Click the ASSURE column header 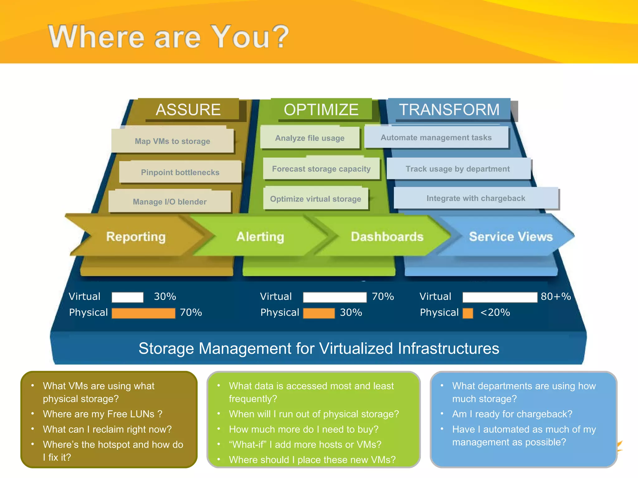[188, 110]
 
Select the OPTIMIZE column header [321, 110]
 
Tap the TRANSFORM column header [449, 110]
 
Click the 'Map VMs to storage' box [172, 141]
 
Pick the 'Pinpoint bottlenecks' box [180, 172]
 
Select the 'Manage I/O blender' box [169, 202]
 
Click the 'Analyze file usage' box [310, 138]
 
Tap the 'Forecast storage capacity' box [321, 169]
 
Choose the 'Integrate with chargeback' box [476, 198]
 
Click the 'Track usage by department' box [458, 169]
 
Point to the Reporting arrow [136, 237]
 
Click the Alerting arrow [260, 237]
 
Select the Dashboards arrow [387, 237]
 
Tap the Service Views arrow [511, 237]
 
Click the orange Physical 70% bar [143, 313]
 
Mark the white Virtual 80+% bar [500, 297]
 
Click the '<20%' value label [495, 312]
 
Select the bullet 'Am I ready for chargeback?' [512, 414]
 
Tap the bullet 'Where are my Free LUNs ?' [102, 414]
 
